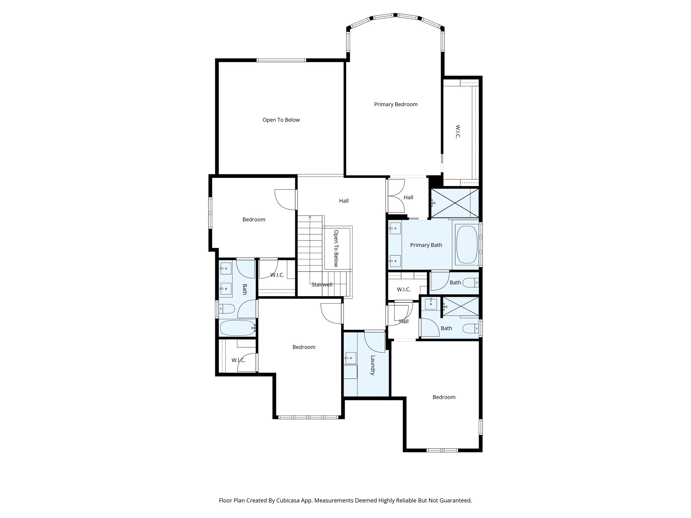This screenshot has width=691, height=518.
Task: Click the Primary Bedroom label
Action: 395,105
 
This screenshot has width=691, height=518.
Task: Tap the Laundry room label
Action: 372,365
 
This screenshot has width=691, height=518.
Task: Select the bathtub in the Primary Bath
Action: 467,244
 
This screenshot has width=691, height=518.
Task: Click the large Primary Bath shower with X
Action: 455,203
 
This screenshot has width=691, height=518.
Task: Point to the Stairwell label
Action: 322,285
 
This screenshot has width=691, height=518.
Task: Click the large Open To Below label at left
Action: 281,120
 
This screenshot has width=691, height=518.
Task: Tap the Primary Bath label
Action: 426,245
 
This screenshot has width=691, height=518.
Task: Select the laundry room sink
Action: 351,358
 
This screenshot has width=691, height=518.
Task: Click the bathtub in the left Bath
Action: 238,328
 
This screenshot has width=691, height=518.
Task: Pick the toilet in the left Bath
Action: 227,309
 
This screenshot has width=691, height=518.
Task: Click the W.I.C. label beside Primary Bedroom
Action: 458,132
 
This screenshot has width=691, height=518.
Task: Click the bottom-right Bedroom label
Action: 444,397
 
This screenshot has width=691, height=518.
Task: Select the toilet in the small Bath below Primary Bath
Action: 471,282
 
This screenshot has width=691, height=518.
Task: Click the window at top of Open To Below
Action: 281,60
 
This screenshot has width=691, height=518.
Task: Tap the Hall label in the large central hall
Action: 343,201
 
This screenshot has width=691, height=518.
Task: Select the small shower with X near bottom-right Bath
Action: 461,306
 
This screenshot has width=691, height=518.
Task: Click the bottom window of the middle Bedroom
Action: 308,417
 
